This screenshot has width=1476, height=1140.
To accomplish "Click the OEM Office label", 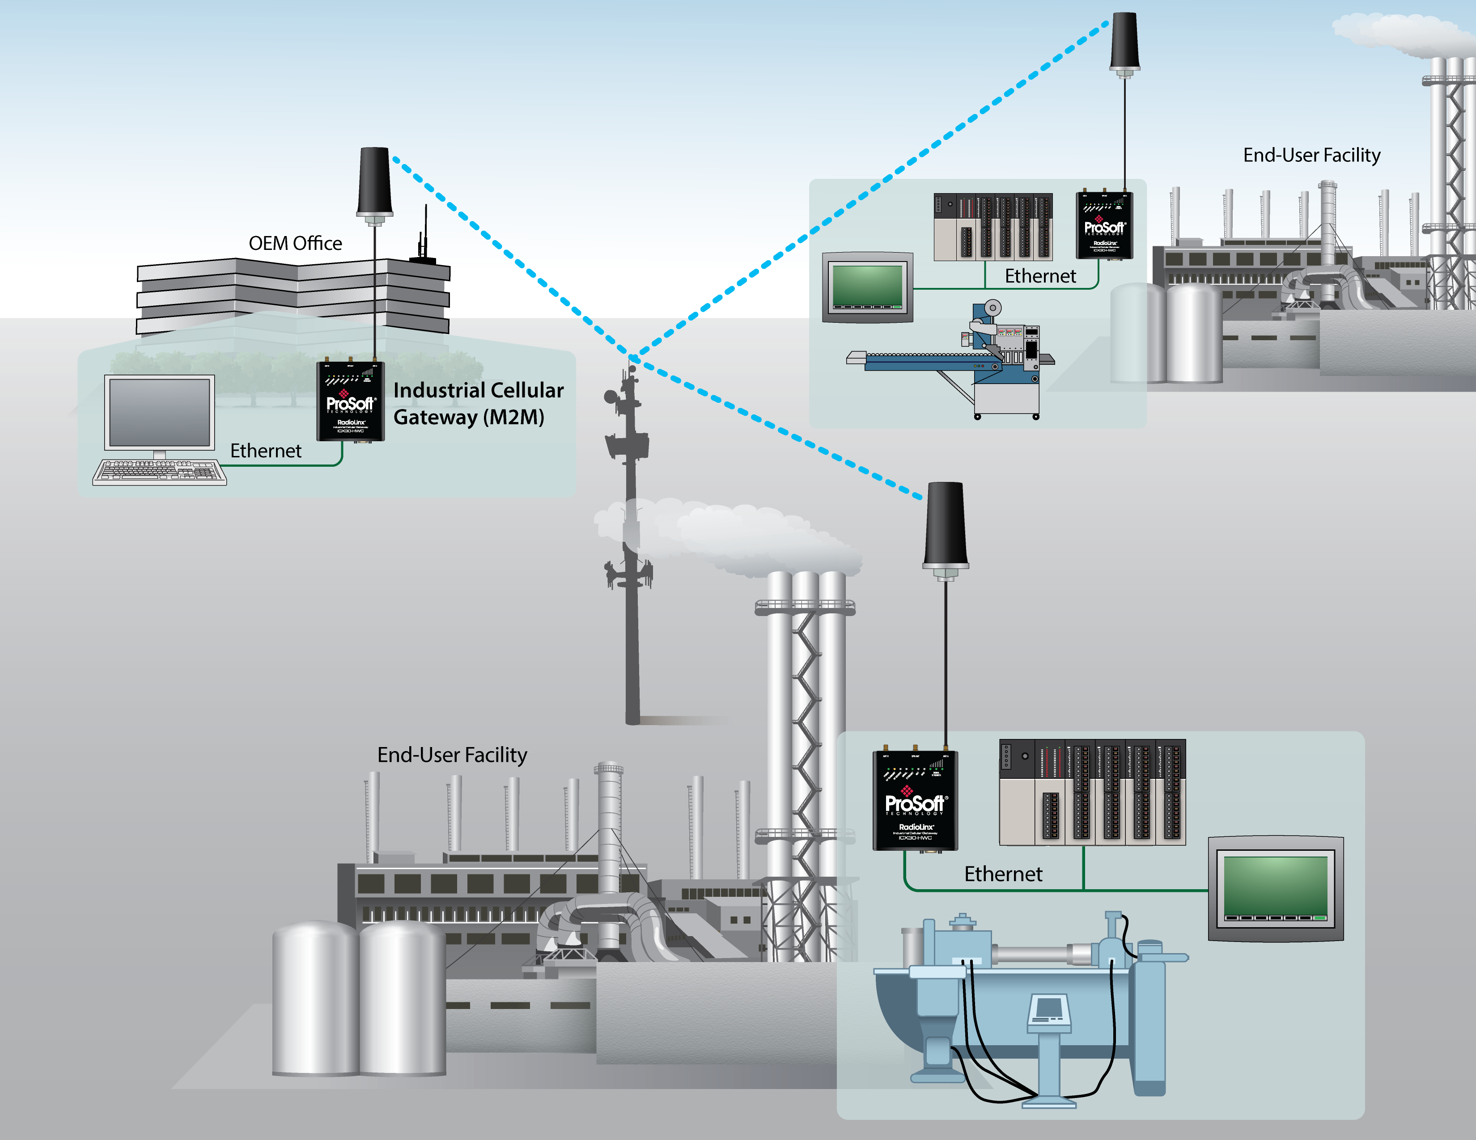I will (x=295, y=243).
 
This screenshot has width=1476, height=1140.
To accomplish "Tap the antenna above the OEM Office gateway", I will (x=374, y=182).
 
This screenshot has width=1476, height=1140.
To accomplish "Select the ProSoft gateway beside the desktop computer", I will (x=351, y=401).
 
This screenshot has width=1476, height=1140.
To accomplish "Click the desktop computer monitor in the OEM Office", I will (x=160, y=413).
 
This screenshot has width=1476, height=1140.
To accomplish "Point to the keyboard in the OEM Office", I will (x=160, y=472).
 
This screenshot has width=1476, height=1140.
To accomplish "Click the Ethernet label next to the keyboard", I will (x=266, y=451).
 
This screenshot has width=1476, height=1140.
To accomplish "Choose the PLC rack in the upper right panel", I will (x=993, y=227).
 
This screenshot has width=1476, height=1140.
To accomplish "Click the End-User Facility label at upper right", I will (x=1311, y=155).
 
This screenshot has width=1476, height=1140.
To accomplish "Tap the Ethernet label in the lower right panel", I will (x=1003, y=874).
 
